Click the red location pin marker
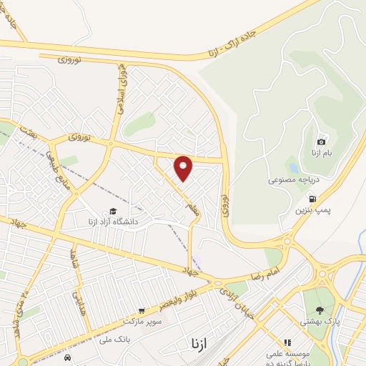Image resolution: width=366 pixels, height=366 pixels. pyautogui.click(x=184, y=168)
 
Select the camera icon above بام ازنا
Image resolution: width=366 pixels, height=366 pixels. pyautogui.click(x=322, y=142)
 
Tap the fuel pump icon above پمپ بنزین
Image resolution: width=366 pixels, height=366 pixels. pyautogui.click(x=312, y=199)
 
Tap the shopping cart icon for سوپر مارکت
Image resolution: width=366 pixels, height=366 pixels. pyautogui.click(x=142, y=311)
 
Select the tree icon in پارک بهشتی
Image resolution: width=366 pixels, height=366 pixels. pyautogui.click(x=318, y=310)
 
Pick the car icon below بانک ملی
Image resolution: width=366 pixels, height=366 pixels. pyautogui.click(x=66, y=357)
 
